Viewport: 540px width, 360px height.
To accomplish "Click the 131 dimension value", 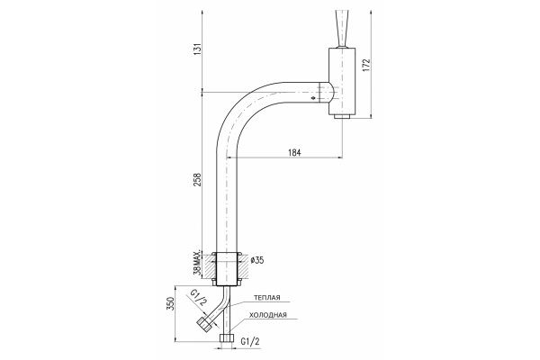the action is pyautogui.click(x=197, y=50).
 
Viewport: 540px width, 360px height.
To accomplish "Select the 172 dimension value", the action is pyautogui.click(x=366, y=65).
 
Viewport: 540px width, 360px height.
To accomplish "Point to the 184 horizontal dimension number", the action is pyautogui.click(x=294, y=153).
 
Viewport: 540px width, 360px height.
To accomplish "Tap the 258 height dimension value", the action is pyautogui.click(x=197, y=179).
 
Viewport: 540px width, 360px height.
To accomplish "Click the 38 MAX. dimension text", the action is pyautogui.click(x=197, y=264).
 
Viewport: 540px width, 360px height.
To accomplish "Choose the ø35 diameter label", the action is pyautogui.click(x=257, y=260).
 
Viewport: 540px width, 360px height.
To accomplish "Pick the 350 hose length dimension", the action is pyautogui.click(x=171, y=303).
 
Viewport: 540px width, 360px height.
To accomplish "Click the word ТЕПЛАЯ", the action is pyautogui.click(x=267, y=298).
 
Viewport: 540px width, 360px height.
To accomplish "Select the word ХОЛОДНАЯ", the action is pyautogui.click(x=268, y=315).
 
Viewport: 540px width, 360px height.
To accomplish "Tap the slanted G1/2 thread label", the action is pyautogui.click(x=200, y=298).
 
